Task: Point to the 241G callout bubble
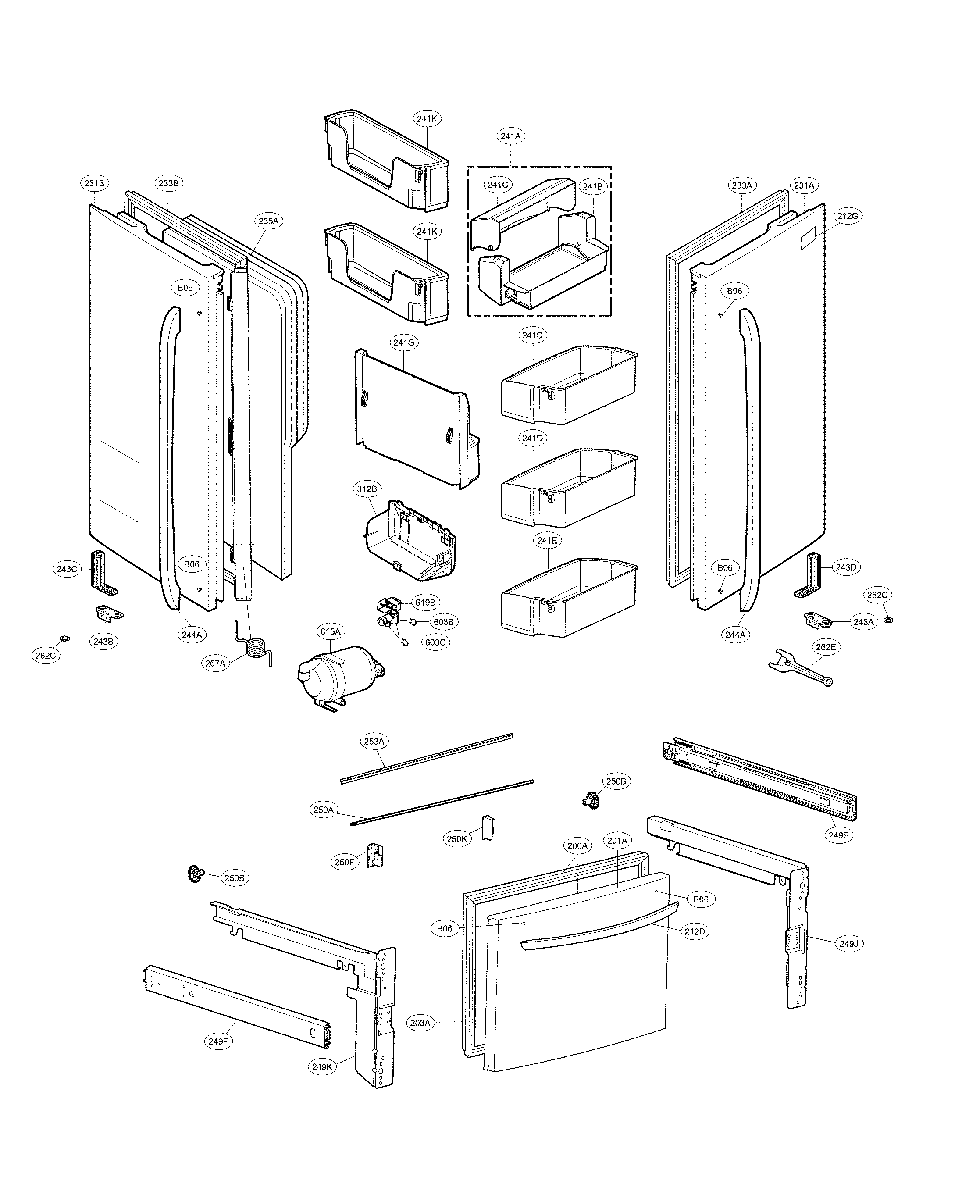pos(403,343)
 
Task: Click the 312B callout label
pos(366,489)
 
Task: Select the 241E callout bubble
pos(547,540)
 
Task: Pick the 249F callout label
pos(218,1041)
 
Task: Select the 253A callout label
pos(374,741)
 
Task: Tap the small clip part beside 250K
pos(487,827)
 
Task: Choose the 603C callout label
pos(435,642)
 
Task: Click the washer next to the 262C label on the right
pos(888,619)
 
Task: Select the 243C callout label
pos(67,569)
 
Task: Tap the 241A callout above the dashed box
pos(510,136)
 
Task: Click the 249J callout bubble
pos(848,943)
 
